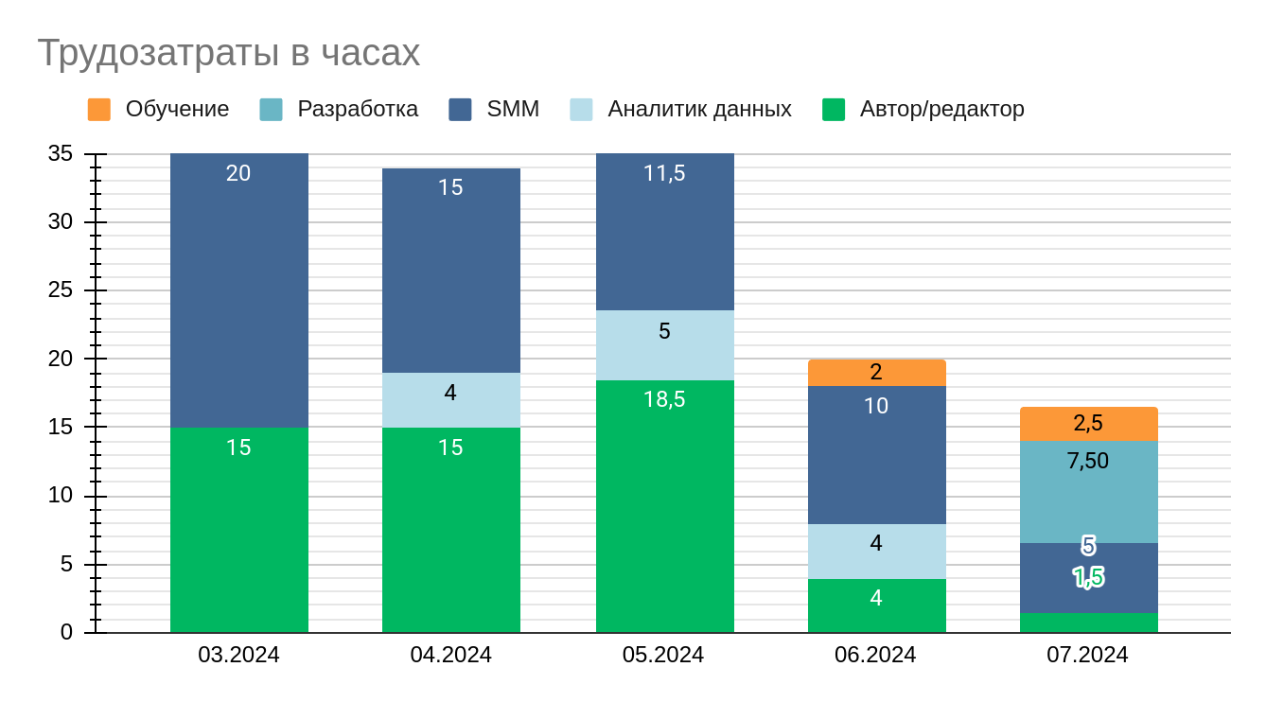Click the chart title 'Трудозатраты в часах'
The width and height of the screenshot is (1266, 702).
click(228, 53)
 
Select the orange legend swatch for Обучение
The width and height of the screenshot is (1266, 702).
click(99, 110)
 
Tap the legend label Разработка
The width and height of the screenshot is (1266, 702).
click(358, 110)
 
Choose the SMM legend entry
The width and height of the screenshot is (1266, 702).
click(513, 110)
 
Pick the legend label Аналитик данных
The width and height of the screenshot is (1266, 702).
click(699, 110)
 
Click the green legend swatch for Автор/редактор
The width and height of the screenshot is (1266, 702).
click(834, 110)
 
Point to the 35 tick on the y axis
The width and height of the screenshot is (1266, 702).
click(61, 153)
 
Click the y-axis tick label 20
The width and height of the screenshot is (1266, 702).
click(61, 360)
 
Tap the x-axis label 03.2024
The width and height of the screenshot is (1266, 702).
click(238, 655)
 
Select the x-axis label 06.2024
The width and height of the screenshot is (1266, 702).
click(875, 655)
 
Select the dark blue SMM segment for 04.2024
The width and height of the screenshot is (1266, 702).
click(451, 274)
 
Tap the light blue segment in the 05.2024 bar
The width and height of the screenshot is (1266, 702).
click(665, 345)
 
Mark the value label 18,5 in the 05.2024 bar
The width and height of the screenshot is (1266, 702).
click(664, 399)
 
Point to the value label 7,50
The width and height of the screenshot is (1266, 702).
click(1088, 461)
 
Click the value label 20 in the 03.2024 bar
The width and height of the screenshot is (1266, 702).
click(238, 173)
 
